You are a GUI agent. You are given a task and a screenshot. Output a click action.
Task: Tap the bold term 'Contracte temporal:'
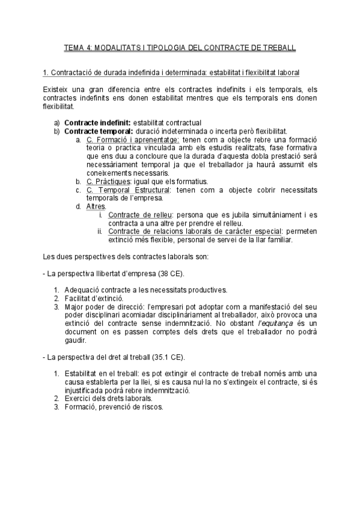(98, 131)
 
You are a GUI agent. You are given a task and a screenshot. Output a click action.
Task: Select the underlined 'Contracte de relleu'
(140, 215)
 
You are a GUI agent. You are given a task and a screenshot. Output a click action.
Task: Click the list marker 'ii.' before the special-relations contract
(100, 231)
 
